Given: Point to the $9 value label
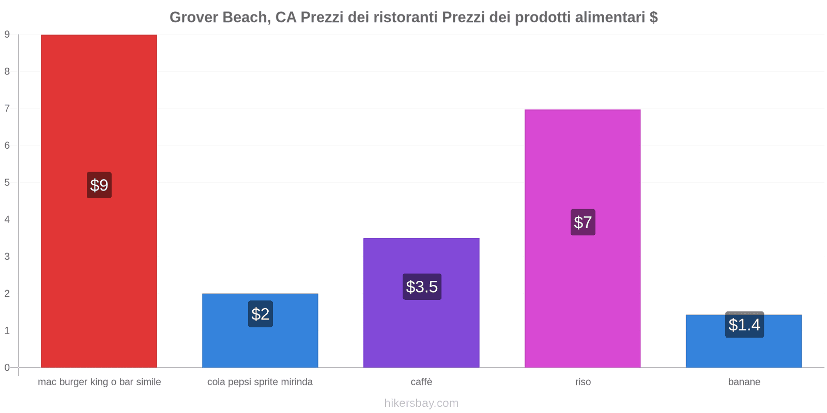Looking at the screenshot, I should (99, 185).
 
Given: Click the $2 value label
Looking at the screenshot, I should (261, 314).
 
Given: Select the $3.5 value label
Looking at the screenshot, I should (422, 287).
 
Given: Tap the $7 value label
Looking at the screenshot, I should (583, 222).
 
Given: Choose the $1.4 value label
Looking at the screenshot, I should (744, 325).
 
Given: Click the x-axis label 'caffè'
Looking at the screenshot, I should (421, 382).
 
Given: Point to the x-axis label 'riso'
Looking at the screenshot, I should (583, 382).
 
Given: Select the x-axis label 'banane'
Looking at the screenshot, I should (744, 382).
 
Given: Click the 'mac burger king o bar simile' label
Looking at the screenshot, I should (99, 382).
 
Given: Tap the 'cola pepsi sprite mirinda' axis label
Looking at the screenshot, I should (260, 382).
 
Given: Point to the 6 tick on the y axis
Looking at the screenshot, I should (7, 146).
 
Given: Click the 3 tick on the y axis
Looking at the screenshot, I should (7, 257).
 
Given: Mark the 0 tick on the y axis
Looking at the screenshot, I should (7, 368).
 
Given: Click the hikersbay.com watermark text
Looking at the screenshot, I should (421, 403).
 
